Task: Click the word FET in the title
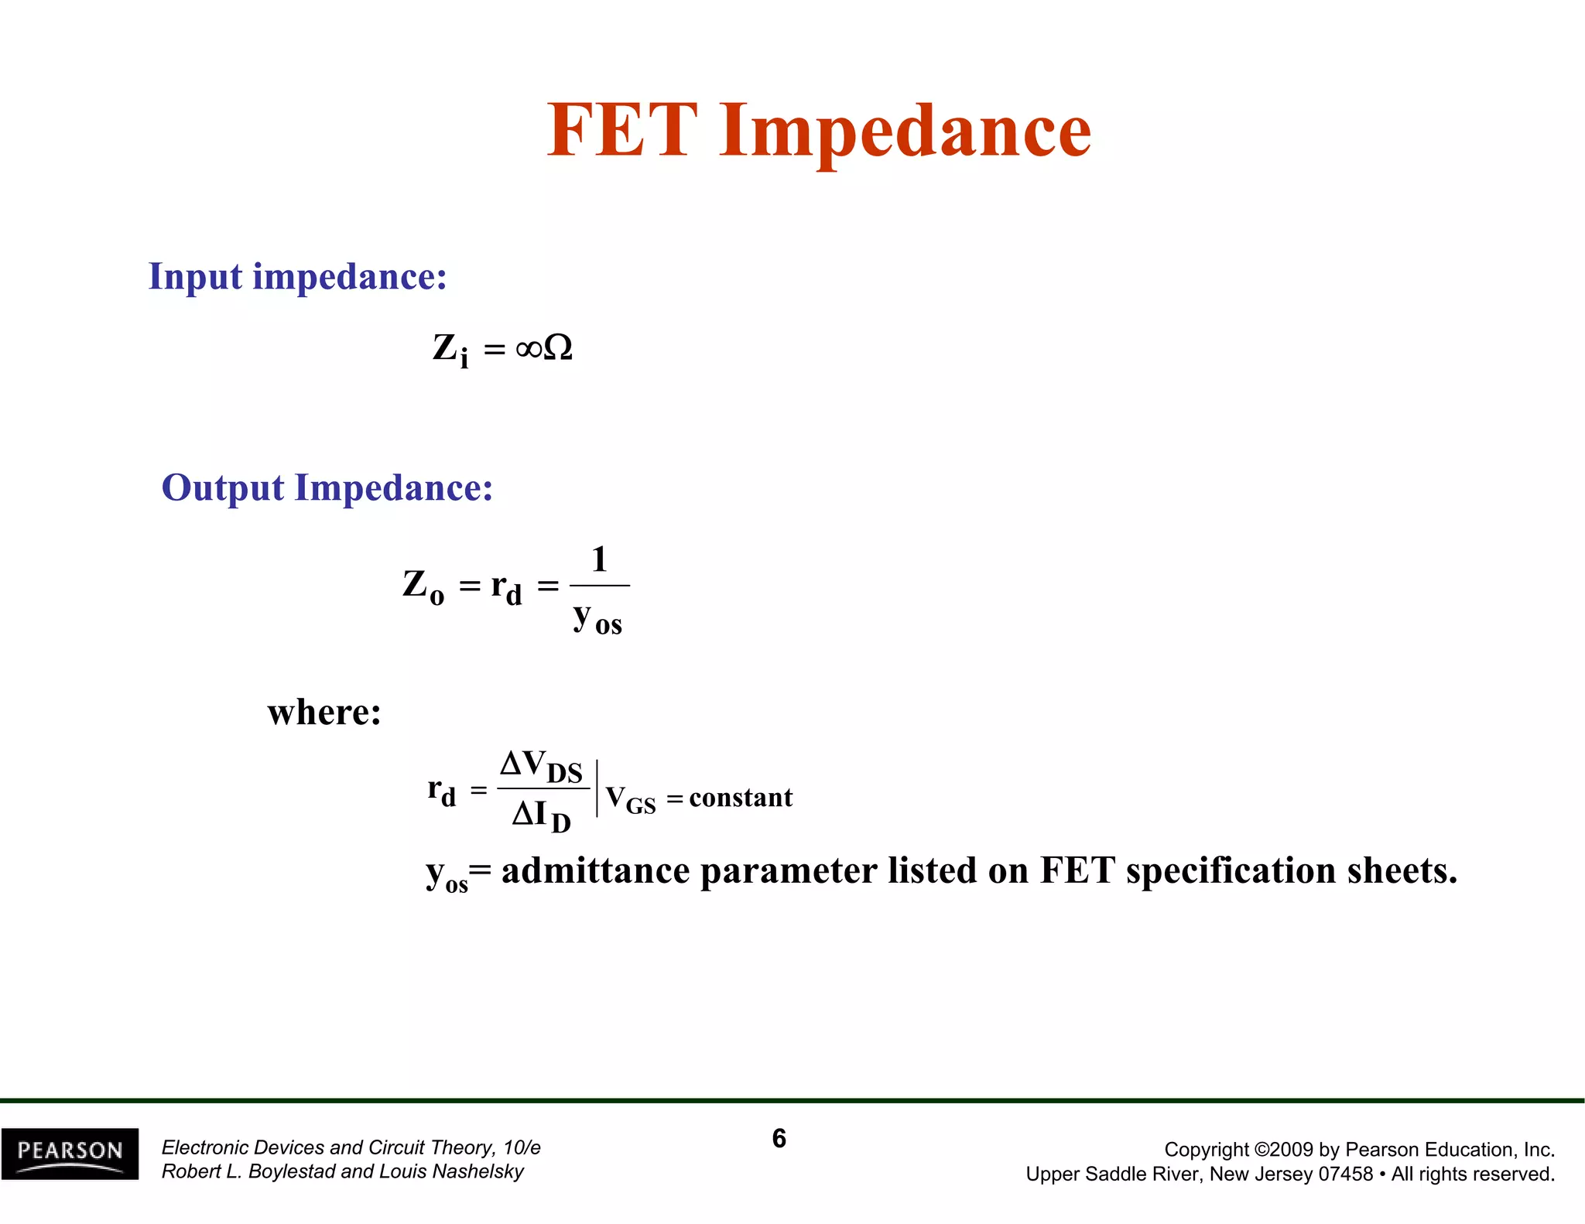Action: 622,131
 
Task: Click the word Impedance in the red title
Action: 905,133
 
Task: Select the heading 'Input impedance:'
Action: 298,277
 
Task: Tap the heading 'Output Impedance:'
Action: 327,488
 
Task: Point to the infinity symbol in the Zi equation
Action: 529,349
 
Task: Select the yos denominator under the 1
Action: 597,620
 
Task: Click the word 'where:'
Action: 324,712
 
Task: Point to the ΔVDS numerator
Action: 541,766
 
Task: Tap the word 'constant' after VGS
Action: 741,797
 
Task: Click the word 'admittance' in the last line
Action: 595,871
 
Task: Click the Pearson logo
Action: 70,1154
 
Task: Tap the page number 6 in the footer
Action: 779,1138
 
